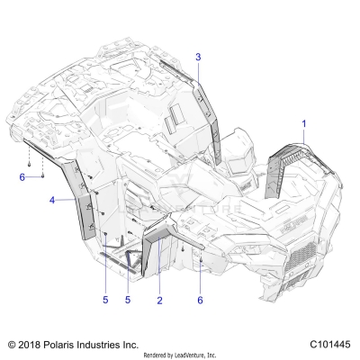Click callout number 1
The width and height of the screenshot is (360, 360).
point(304,123)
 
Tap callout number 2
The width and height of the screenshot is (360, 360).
point(159,300)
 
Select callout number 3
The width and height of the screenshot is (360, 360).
point(198,57)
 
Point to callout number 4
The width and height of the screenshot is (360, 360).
point(52,200)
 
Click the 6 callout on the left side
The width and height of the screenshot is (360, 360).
point(22,177)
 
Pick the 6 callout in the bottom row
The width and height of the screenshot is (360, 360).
point(200,300)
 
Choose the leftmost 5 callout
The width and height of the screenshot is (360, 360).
point(105,300)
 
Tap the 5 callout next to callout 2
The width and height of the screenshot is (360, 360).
point(128,300)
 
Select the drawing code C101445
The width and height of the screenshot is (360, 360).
point(330,344)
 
